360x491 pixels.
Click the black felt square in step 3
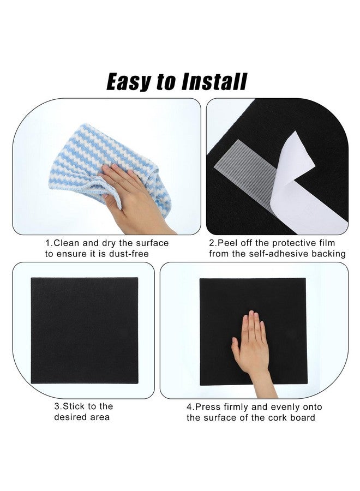[85, 330]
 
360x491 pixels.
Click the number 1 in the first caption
[48, 243]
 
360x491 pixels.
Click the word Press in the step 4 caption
[208, 407]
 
